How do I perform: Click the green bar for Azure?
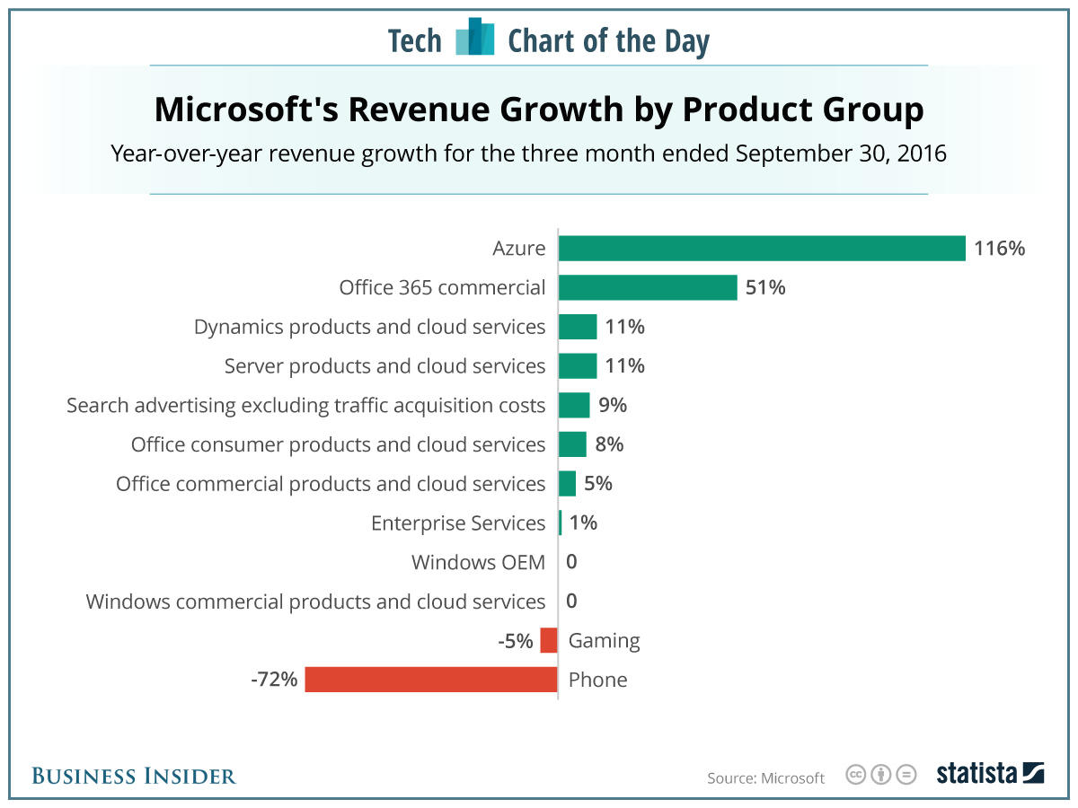tap(762, 249)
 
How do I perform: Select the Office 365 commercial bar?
tap(648, 287)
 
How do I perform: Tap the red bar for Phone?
tap(431, 680)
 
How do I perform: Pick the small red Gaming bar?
tap(549, 641)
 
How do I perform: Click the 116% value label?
tap(1000, 249)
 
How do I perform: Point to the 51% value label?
tap(765, 287)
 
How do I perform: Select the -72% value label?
tap(274, 680)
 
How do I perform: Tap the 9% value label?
tap(612, 405)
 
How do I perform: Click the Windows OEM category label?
tap(478, 563)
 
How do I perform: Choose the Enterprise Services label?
tap(458, 523)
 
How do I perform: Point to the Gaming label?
tap(605, 641)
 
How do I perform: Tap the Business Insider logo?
tap(134, 776)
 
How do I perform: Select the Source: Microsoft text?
tap(765, 777)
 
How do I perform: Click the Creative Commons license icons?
tap(880, 774)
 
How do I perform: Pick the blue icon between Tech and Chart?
tap(475, 37)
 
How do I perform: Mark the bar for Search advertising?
tap(574, 405)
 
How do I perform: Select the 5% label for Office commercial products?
tap(597, 484)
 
